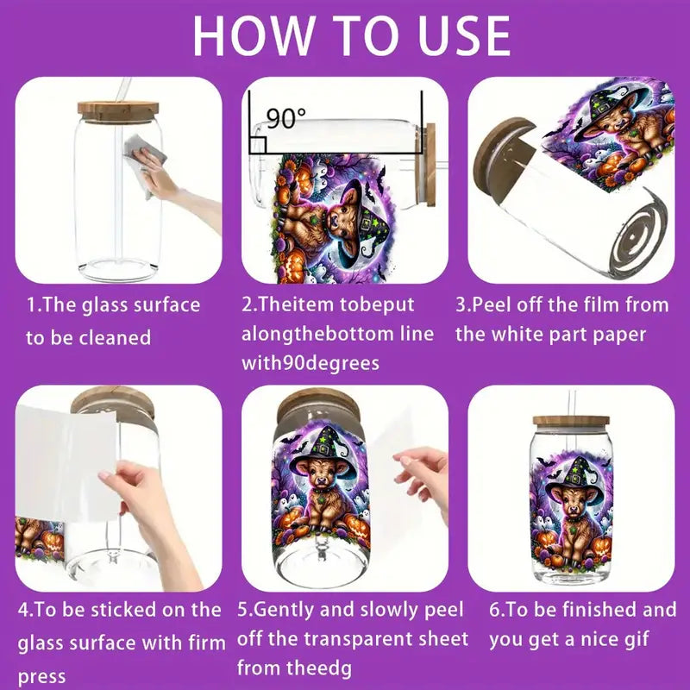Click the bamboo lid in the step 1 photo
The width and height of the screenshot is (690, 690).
click(x=117, y=110)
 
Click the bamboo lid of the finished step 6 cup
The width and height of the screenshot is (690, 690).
click(x=570, y=421)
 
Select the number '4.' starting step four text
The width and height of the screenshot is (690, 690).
click(x=27, y=610)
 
